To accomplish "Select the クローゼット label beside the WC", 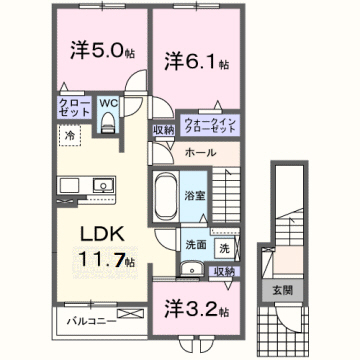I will [77, 107].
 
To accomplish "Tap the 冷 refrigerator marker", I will [71, 133].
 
